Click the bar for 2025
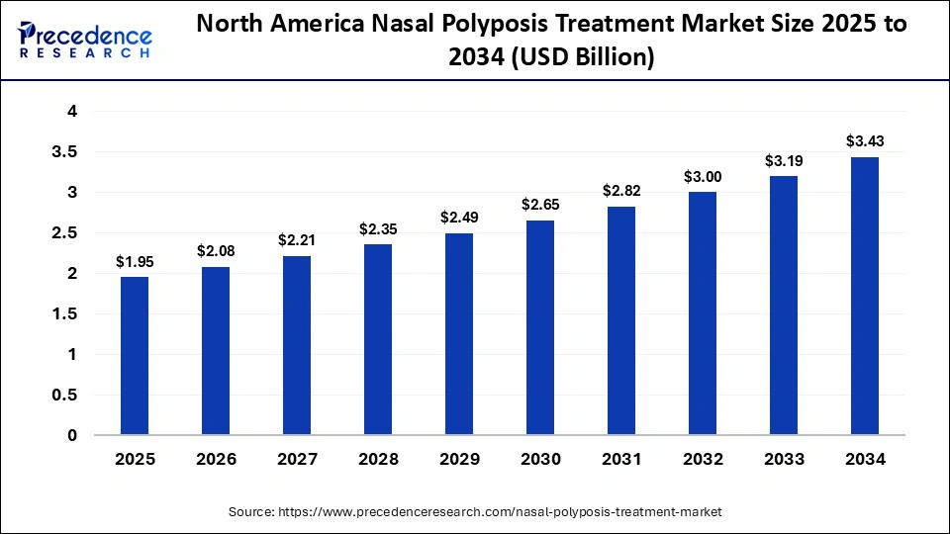[x=135, y=356]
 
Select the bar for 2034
[x=864, y=296]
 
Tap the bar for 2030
[x=540, y=327]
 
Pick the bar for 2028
[x=378, y=339]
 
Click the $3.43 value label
[x=864, y=141]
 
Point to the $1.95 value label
[x=135, y=261]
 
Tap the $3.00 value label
[x=703, y=176]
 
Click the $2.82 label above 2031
[x=621, y=191]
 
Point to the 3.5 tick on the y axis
[x=64, y=152]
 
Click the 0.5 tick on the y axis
[x=64, y=396]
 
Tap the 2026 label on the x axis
[x=216, y=460]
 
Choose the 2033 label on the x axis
[x=783, y=460]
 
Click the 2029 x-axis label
[x=459, y=460]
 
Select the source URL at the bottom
[x=475, y=512]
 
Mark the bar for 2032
[x=703, y=313]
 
